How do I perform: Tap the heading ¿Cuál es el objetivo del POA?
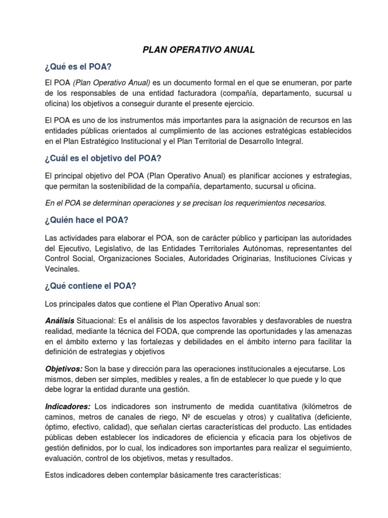click(x=103, y=158)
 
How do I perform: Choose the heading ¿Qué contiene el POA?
click(x=91, y=286)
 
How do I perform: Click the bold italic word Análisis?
click(x=60, y=321)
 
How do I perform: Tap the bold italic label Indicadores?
click(x=68, y=407)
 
